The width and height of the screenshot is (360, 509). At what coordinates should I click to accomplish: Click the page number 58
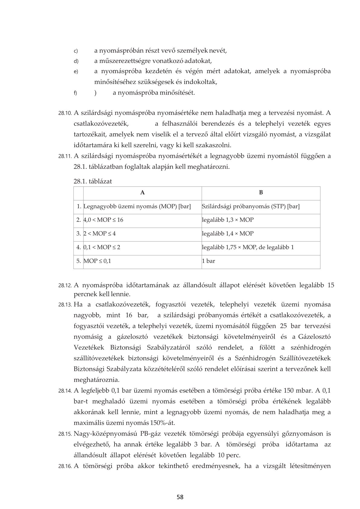180,497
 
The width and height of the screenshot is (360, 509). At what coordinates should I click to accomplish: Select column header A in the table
142,193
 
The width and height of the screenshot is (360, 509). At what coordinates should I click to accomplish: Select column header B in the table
261,193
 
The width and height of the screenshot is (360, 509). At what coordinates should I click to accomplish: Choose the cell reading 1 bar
209,261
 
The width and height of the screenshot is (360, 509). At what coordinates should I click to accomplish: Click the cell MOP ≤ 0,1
97,261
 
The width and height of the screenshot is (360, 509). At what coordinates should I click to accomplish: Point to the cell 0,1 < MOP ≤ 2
102,247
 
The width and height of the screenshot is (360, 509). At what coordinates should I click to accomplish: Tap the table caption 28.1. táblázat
93,181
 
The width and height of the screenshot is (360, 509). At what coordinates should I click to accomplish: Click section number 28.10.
65,113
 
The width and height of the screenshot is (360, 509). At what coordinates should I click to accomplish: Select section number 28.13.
65,305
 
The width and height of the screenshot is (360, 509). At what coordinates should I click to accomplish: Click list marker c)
76,51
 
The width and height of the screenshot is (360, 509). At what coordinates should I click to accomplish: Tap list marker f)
76,93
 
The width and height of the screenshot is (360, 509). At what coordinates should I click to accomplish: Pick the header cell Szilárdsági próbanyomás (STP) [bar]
251,207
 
